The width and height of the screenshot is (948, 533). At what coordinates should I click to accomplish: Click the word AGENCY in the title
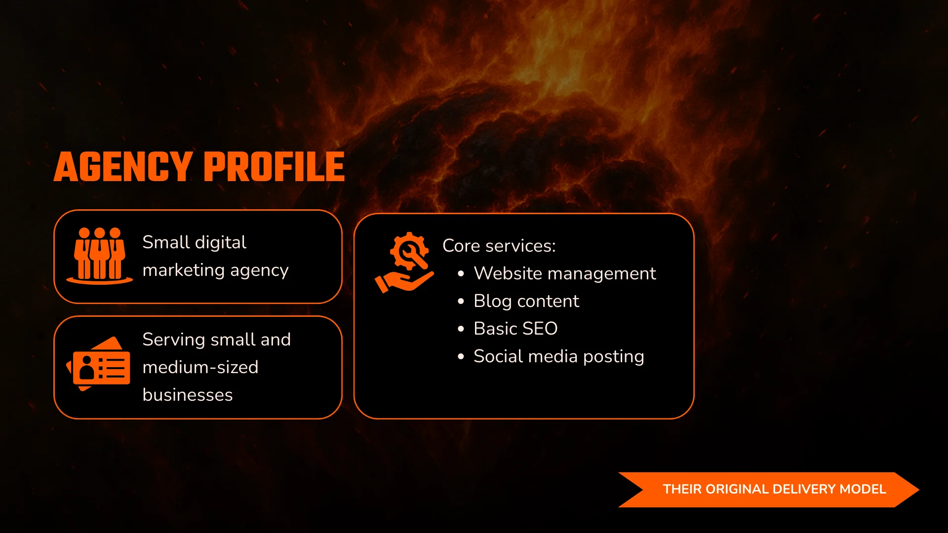123,167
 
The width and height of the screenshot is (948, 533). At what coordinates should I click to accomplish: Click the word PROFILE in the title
274,167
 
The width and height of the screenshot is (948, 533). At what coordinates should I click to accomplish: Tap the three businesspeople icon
100,256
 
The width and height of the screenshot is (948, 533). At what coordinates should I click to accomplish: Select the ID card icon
99,364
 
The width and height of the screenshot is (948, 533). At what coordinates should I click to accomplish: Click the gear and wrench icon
409,251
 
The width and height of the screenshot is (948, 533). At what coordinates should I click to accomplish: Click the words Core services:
499,246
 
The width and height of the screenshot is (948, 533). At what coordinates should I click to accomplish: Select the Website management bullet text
565,273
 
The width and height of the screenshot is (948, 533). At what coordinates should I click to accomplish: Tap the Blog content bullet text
526,301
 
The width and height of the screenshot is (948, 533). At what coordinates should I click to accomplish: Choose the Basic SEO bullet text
515,329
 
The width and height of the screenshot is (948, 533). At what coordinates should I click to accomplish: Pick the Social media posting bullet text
559,356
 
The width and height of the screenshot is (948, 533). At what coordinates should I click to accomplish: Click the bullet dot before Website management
461,274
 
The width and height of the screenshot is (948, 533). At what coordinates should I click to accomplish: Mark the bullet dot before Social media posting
461,357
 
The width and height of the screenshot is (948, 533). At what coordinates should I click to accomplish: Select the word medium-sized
200,367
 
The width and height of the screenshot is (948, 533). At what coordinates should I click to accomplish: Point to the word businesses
188,395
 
